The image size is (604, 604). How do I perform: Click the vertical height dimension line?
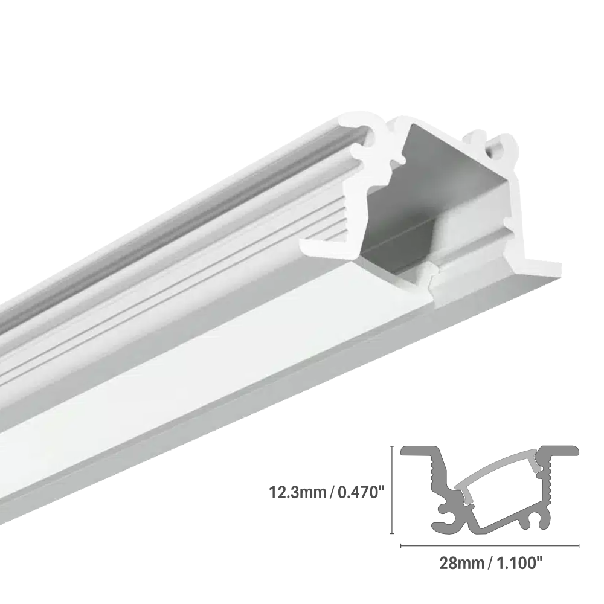(393, 490)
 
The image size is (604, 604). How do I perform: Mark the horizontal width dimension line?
(490, 545)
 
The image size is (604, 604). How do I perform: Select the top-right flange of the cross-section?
(559, 451)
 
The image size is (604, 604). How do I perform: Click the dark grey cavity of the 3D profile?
(423, 199)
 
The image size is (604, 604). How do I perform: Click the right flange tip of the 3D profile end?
(553, 266)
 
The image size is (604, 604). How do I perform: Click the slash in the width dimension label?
(490, 564)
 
